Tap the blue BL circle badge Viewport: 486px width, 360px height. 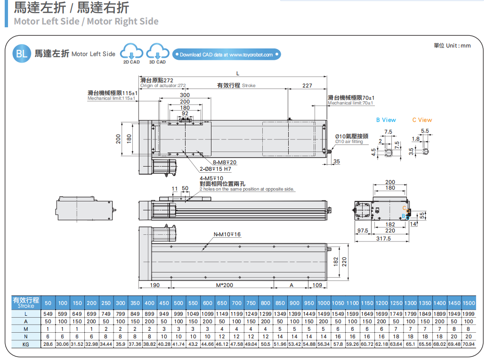(x=22, y=53)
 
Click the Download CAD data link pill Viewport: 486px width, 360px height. (x=227, y=55)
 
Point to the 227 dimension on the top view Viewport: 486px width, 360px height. (x=307, y=86)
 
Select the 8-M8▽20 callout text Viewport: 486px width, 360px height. (x=224, y=162)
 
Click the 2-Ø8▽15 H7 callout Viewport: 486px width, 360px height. (x=215, y=169)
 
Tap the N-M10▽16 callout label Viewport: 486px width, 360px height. (x=227, y=234)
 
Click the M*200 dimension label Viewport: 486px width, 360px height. (x=224, y=285)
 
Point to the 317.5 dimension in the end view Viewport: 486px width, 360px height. (x=384, y=239)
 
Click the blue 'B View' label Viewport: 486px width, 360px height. (x=386, y=120)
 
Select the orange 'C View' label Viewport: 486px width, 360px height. (x=421, y=120)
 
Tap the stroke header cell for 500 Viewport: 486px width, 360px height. (x=178, y=303)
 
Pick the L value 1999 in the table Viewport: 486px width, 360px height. (x=469, y=314)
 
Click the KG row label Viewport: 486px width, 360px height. (x=26, y=344)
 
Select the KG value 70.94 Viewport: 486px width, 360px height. (x=469, y=344)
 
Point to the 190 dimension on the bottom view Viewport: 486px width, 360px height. (x=154, y=285)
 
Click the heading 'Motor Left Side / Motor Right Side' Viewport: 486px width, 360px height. (x=86, y=21)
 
